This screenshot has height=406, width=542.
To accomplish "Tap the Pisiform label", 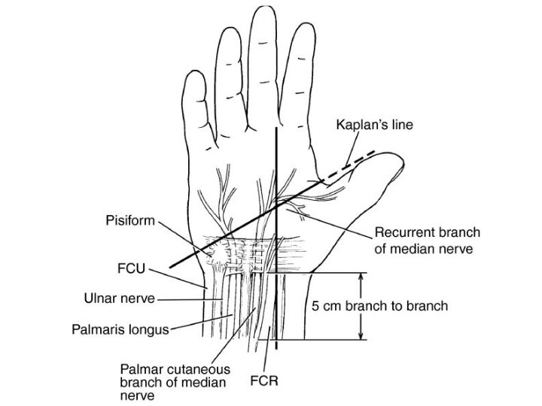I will coord(129,222).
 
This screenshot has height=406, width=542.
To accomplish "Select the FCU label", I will coord(132,269).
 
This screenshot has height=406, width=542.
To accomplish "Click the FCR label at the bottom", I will coord(265,381).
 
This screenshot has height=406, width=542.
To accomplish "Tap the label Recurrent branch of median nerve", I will coord(428,240).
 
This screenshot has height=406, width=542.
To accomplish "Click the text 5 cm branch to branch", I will coord(380,306).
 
